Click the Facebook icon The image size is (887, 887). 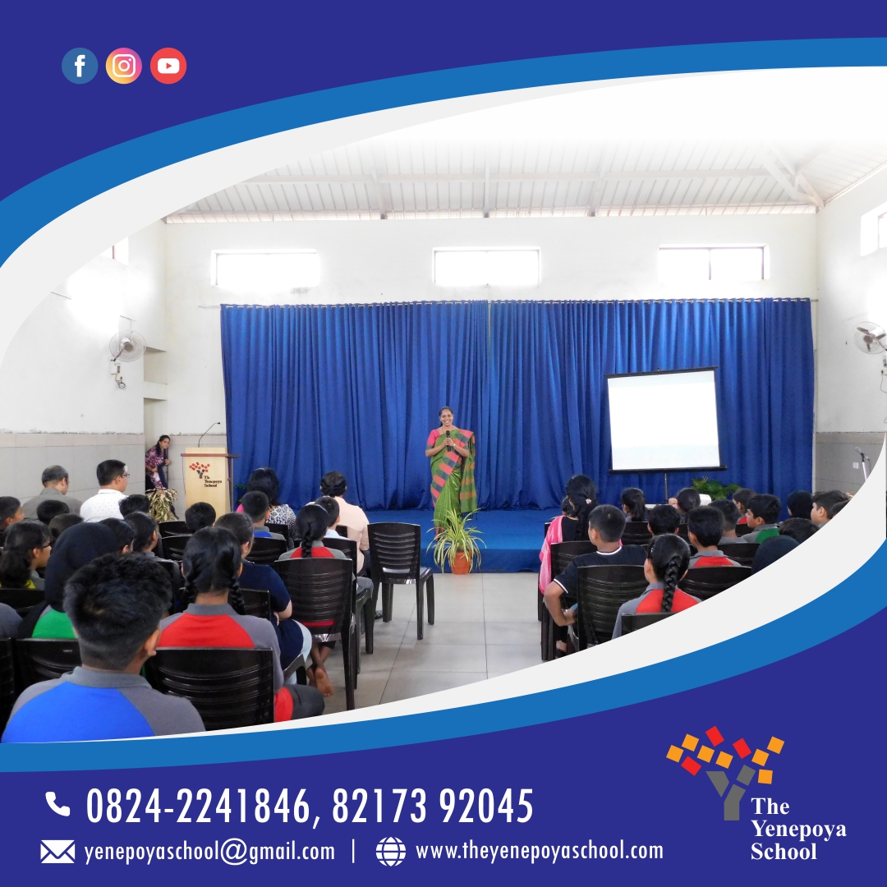click(80, 66)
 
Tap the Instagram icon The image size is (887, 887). click(124, 66)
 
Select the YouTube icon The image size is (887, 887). click(168, 66)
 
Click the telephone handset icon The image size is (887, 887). click(57, 804)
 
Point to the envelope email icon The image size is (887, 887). click(57, 852)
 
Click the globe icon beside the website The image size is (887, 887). click(391, 852)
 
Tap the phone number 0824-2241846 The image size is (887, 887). click(198, 806)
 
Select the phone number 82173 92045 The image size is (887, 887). click(433, 806)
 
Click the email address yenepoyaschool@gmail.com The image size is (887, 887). click(209, 852)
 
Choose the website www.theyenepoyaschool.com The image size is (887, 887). click(539, 851)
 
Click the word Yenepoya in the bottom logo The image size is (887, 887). click(798, 830)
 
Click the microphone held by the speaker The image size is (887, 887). click(448, 439)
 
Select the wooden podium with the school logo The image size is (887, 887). click(206, 480)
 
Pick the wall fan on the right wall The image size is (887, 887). click(870, 338)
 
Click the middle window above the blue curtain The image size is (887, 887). click(486, 266)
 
